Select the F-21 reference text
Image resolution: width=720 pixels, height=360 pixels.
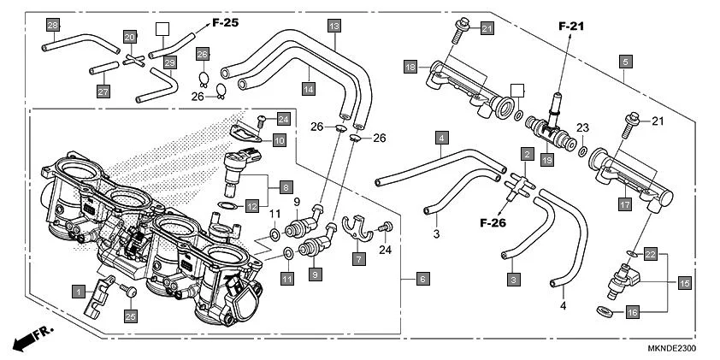click(572, 27)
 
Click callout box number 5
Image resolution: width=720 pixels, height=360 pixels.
click(626, 62)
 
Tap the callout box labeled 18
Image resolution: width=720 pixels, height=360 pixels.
click(410, 66)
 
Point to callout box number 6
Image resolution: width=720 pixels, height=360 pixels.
click(422, 279)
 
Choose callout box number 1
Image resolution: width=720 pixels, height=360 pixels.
click(78, 291)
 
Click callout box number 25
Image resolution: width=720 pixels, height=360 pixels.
click(131, 316)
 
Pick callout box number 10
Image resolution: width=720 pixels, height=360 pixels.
click(280, 139)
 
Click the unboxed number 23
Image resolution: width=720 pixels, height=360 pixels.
click(582, 127)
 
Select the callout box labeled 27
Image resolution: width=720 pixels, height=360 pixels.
click(103, 91)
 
